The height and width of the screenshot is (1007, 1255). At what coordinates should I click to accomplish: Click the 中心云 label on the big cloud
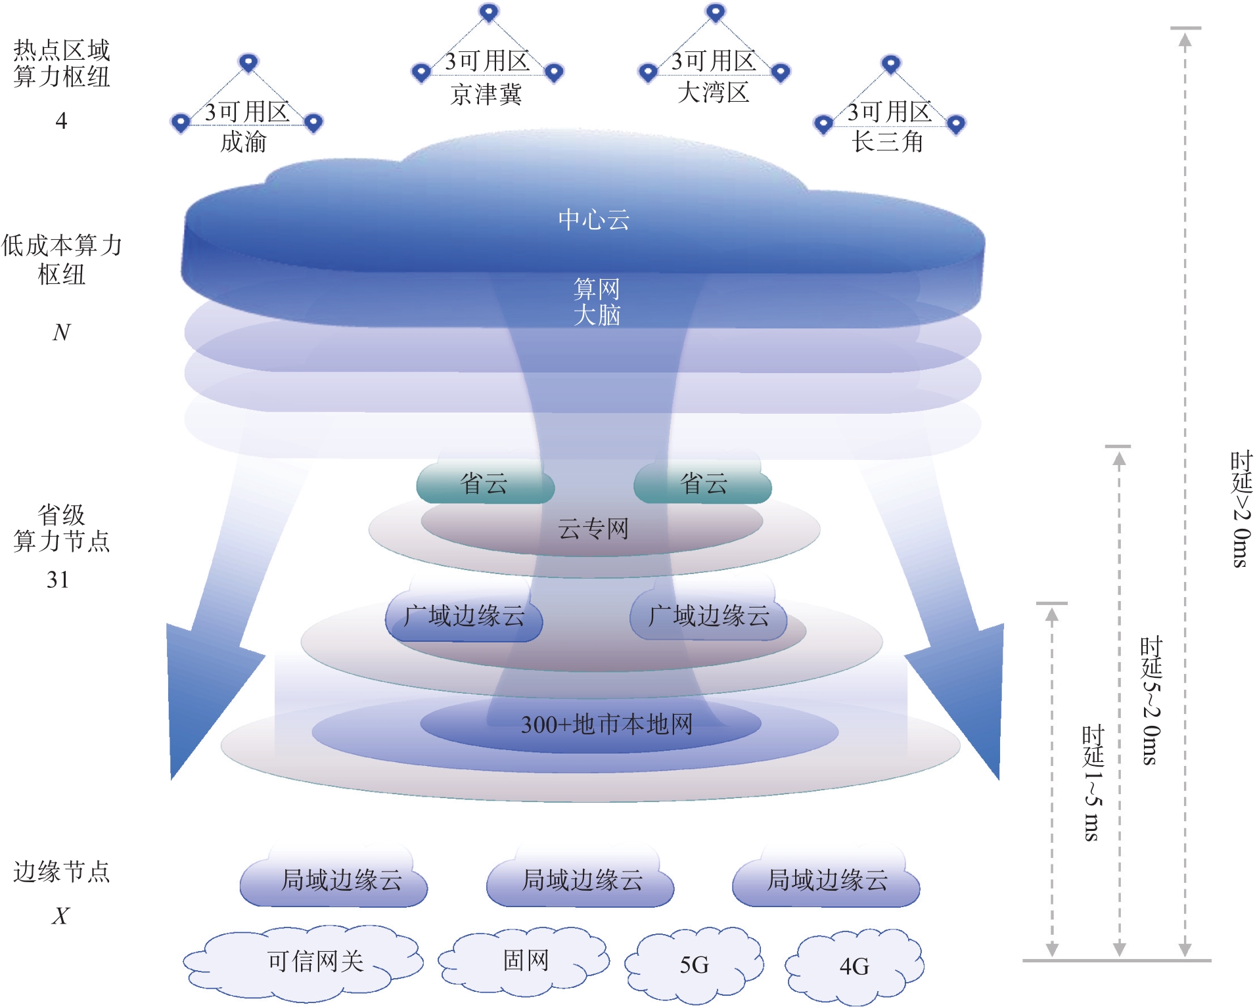click(x=593, y=219)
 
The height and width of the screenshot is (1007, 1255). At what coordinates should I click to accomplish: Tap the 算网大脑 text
click(x=597, y=302)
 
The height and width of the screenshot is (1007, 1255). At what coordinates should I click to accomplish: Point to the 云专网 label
click(x=593, y=528)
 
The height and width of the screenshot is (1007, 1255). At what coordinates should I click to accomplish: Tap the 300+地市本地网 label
click(x=606, y=724)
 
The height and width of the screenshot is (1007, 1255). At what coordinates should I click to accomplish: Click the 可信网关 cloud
click(x=303, y=962)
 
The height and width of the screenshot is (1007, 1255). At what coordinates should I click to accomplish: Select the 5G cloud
click(x=694, y=964)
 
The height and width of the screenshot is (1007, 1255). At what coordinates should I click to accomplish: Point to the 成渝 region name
click(x=243, y=141)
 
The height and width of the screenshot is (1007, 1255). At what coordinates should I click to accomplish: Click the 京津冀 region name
click(x=486, y=94)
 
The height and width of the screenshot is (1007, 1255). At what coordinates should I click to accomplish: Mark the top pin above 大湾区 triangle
click(x=716, y=12)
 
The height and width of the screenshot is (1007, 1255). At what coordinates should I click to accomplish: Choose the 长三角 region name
click(x=888, y=141)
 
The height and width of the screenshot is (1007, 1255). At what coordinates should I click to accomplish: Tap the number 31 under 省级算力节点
click(x=58, y=579)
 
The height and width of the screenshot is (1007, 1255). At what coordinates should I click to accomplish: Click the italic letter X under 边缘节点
click(x=60, y=915)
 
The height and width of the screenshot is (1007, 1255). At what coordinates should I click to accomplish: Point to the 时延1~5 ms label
click(x=1093, y=783)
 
